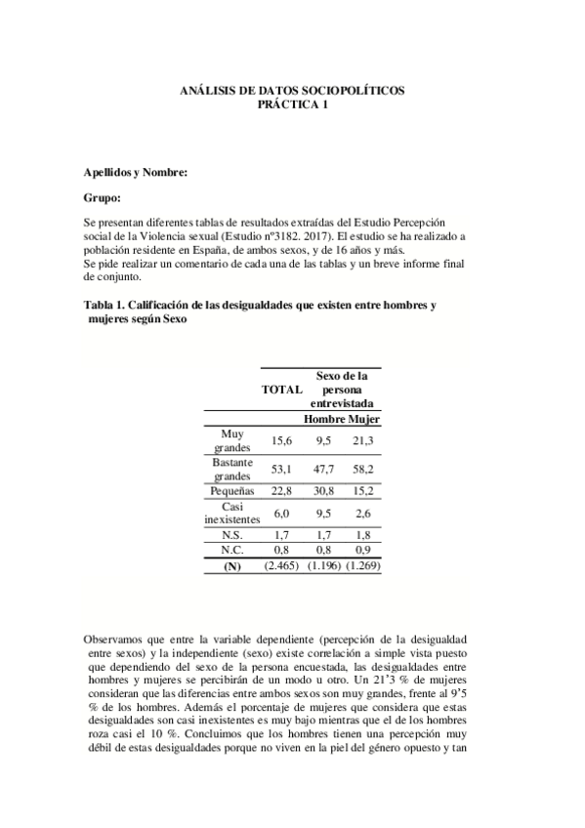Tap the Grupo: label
104,197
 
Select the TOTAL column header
281,389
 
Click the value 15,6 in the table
281,440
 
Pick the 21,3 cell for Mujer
364,440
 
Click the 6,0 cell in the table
281,513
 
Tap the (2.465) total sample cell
281,565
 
